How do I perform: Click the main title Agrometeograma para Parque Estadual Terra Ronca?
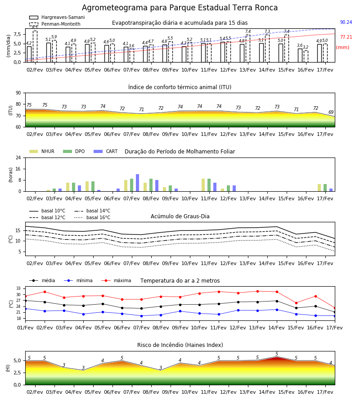(180, 8)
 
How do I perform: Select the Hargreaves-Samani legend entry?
(57, 17)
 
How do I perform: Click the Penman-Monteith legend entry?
(55, 24)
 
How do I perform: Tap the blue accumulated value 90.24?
(346, 22)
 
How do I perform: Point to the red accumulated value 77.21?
(346, 37)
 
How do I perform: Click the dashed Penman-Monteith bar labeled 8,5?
(35, 46)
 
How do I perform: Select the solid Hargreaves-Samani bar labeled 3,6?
(300, 55)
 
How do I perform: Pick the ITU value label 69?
(331, 112)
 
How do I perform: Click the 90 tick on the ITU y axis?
(18, 93)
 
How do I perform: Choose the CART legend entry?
(106, 151)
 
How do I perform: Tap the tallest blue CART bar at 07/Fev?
(137, 183)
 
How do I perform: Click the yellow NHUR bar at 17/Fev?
(319, 188)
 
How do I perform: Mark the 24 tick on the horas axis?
(18, 157)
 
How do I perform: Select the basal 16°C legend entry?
(92, 217)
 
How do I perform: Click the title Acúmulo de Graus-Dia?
(180, 216)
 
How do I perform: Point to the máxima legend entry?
(116, 280)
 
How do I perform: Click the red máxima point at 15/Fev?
(296, 303)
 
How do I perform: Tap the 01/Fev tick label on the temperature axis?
(25, 328)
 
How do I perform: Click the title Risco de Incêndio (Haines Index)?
(180, 345)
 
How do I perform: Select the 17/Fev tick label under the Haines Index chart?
(325, 392)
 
